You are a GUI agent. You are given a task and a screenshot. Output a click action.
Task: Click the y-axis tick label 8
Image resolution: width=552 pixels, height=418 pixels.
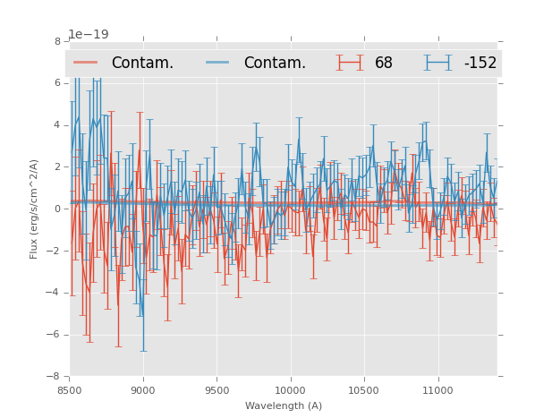[x=57, y=41]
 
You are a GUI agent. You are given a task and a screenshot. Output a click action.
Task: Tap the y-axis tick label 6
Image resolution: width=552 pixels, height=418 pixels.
[x=57, y=83]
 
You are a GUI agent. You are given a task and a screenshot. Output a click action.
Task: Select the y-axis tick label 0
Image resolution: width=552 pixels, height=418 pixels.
[x=57, y=209]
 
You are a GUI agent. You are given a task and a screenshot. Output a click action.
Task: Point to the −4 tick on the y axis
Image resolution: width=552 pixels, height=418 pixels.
[x=55, y=293]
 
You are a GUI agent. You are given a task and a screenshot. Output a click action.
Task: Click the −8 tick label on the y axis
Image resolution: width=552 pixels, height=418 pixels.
[x=55, y=377]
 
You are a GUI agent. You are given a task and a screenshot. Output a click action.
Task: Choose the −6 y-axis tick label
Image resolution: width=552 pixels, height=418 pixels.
[x=55, y=335]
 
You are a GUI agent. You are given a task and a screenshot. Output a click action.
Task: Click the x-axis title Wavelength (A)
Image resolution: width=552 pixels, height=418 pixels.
[x=284, y=405]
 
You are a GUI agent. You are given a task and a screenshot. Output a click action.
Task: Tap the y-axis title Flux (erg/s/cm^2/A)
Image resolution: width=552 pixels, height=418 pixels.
[x=34, y=209]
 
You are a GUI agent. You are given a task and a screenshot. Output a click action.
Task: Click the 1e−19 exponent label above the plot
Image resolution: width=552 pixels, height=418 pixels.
[x=89, y=35]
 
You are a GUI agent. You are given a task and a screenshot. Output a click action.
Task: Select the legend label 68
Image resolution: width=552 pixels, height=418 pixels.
[x=384, y=64]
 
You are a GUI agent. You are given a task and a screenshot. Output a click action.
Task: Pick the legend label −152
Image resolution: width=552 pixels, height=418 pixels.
[x=480, y=64]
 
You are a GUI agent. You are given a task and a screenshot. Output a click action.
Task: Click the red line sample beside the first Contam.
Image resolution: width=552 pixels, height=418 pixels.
[x=86, y=63]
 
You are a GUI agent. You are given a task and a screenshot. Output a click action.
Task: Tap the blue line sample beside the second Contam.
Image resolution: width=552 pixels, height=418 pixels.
[x=218, y=63]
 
